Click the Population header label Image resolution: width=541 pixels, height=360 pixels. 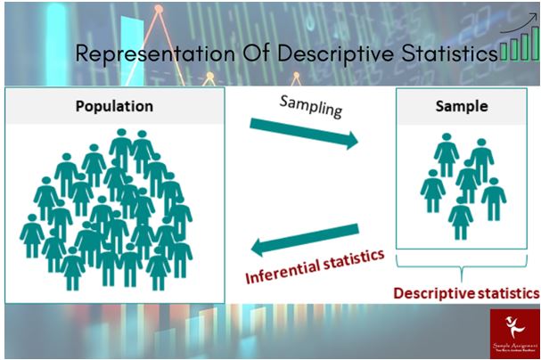114,105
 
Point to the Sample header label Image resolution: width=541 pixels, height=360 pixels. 461,105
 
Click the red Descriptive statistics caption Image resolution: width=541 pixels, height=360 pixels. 466,292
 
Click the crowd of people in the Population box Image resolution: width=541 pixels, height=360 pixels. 111,209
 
